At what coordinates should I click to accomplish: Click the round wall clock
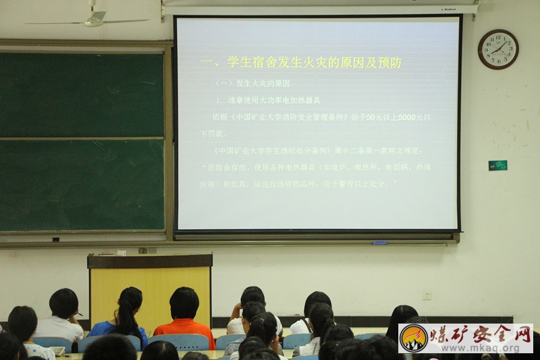pos(498,49)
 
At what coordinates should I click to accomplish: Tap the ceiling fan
pos(94,19)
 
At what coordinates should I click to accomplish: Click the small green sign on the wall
pos(497,165)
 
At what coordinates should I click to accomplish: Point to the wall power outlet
pos(427,295)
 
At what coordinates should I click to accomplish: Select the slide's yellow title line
pos(301,63)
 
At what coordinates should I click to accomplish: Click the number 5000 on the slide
pos(407,117)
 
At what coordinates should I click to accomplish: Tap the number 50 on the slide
pos(373,117)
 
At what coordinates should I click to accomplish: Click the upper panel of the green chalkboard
pos(82,95)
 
